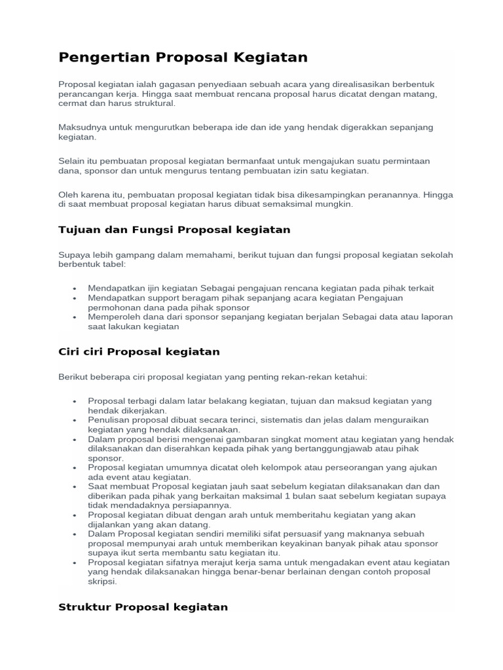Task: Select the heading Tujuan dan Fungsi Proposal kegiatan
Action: click(x=174, y=230)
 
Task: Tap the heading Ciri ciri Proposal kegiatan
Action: click(x=139, y=351)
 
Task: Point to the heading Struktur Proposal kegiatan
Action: click(x=143, y=607)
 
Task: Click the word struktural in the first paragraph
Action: click(x=151, y=103)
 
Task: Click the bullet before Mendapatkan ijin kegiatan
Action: click(x=75, y=289)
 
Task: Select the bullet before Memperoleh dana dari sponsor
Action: click(x=75, y=317)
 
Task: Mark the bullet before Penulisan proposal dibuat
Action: click(x=75, y=420)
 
